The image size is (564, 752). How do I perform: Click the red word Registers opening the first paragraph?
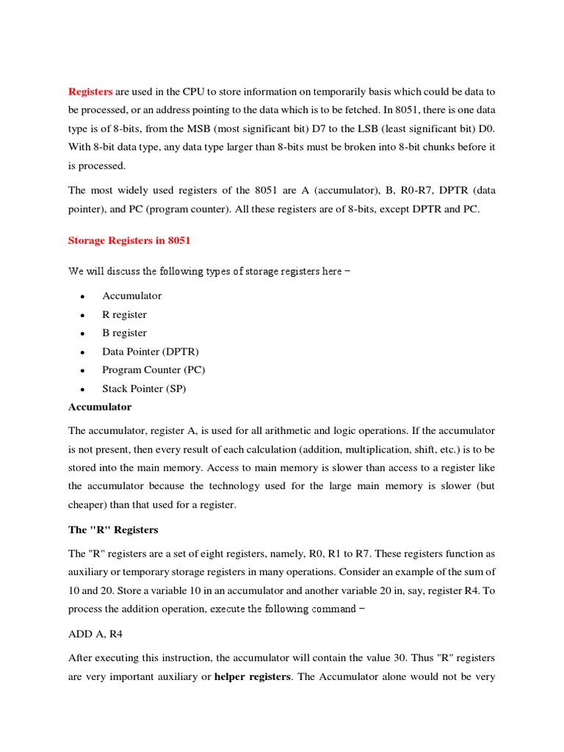[90, 92]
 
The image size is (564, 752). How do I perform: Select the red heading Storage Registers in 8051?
[130, 241]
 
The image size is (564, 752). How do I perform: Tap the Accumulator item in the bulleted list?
[132, 296]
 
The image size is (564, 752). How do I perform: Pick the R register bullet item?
[124, 314]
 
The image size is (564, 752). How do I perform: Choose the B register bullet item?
[124, 333]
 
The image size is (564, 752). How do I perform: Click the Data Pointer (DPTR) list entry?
[151, 352]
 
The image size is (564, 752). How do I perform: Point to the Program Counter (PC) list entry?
[153, 370]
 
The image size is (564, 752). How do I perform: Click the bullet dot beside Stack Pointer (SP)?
[84, 389]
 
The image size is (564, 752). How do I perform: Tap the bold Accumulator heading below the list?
[100, 407]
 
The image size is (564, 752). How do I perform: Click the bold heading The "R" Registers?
[113, 529]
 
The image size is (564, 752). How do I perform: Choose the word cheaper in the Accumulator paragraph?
[90, 504]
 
